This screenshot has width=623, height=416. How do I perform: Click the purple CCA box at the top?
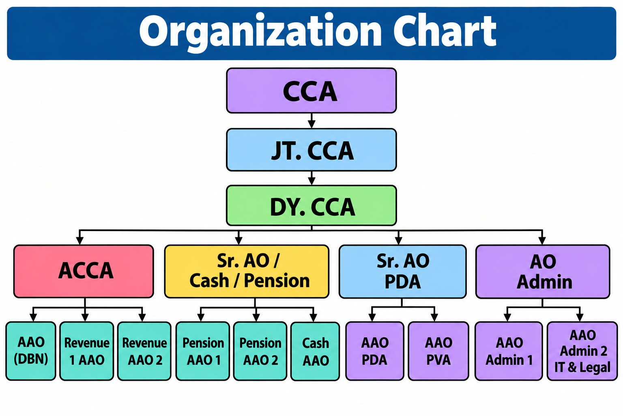311,91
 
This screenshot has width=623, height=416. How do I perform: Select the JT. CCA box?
311,150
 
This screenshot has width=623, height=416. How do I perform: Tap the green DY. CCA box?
311,206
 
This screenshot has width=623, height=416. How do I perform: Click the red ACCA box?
84,271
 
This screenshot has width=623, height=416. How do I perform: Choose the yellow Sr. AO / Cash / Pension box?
247,271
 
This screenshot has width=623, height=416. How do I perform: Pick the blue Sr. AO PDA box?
402,271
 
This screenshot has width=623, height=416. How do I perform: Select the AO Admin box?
543,271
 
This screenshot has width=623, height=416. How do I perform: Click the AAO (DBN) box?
30,351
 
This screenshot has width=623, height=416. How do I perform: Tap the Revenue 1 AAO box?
86,351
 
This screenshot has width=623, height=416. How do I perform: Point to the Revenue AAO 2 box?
144,351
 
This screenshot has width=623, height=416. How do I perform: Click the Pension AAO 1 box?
202,351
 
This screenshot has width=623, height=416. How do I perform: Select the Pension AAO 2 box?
260,351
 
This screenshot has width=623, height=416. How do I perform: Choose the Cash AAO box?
315,351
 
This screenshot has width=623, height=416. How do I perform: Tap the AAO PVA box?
438,351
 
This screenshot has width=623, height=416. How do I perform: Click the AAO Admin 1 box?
509,351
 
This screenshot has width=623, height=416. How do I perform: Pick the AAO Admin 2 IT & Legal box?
582,351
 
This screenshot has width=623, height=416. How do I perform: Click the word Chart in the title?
445,30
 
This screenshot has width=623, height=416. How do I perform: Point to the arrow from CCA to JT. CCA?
311,121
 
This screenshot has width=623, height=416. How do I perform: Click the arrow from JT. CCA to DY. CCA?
311,178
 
